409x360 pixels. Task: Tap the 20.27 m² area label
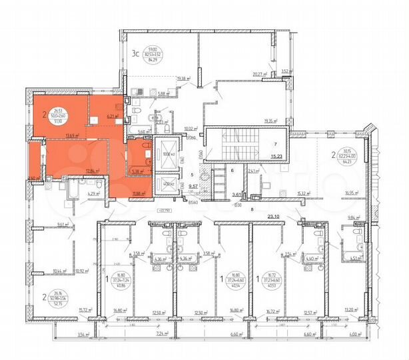pos(259,75)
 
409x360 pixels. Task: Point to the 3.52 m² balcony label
pos(286,71)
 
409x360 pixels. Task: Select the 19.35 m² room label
pos(269,120)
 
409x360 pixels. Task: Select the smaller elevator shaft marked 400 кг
pos(167,184)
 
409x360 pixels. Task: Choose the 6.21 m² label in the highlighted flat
pos(112,116)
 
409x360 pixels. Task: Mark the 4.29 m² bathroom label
pos(93,194)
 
